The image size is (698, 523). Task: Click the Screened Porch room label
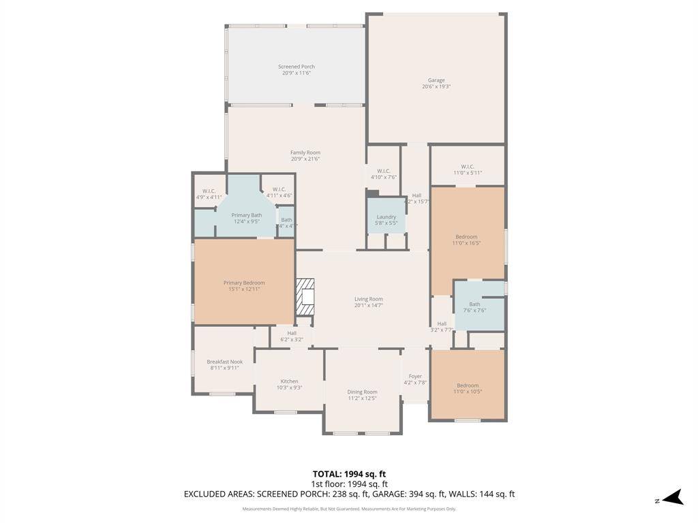point(297,67)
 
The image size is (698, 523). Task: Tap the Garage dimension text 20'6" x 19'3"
point(436,86)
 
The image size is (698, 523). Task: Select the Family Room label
point(305,153)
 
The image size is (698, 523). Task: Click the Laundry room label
point(386,217)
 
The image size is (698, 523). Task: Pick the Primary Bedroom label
point(244,283)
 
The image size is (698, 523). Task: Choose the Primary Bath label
point(246,215)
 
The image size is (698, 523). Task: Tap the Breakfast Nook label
point(224,362)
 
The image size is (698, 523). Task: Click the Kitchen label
point(289,381)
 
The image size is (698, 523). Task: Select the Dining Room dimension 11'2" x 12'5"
point(362,398)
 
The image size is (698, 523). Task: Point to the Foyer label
point(415,376)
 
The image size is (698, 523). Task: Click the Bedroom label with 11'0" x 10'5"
point(467,385)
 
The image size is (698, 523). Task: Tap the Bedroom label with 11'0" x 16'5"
point(467,237)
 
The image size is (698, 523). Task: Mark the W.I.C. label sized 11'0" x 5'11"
point(467,166)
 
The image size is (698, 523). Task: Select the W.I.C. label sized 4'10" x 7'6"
point(383,171)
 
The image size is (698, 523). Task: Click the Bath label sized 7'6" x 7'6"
point(474,304)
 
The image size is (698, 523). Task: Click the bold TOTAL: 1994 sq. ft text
point(349,474)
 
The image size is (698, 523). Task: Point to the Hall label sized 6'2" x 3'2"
point(291,333)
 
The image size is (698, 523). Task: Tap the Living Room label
point(368,299)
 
